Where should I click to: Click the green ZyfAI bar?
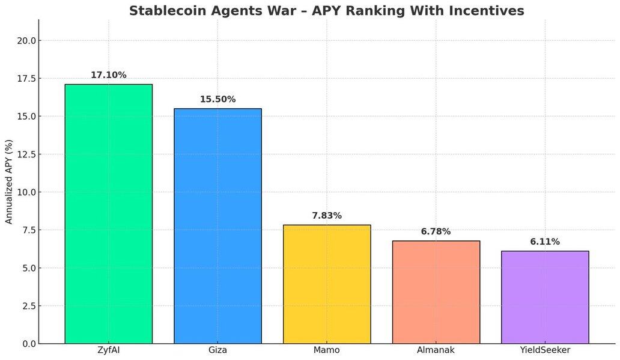point(108,213)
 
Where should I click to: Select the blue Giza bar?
point(217,225)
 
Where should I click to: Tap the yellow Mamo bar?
point(327,284)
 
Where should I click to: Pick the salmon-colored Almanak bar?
point(436,292)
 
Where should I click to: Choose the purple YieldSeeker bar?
point(545,297)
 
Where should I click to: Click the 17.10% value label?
point(108,75)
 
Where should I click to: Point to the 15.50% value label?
point(217,99)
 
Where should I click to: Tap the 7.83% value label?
point(327,216)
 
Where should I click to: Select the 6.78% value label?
point(436,231)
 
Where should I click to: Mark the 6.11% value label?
point(545,242)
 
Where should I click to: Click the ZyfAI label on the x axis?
point(108,350)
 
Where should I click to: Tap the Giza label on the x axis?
point(217,350)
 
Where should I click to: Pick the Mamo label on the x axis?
point(327,350)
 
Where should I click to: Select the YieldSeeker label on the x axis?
point(545,350)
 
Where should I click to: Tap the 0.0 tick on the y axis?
point(28,344)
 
